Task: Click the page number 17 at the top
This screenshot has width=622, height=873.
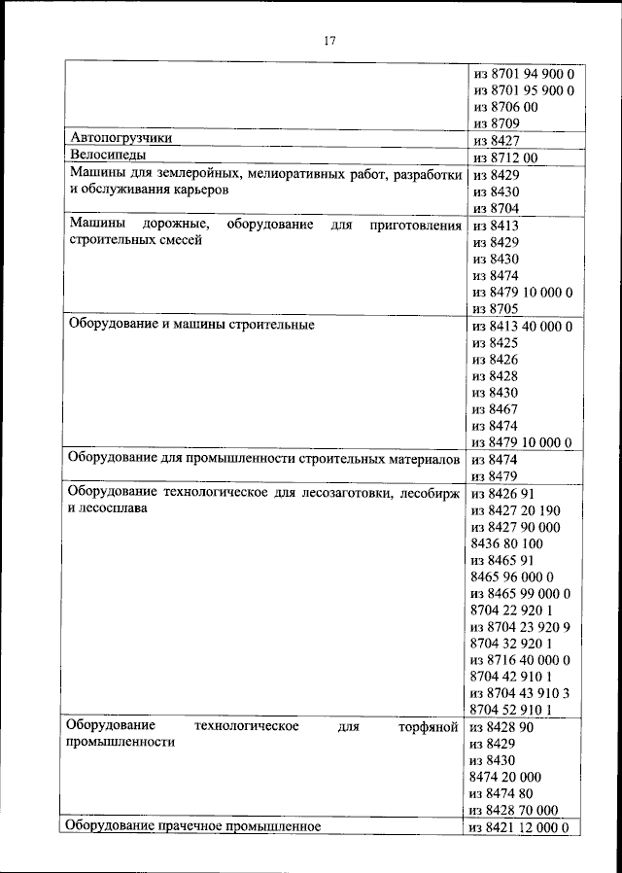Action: click(x=329, y=40)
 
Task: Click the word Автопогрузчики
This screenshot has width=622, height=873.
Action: click(x=121, y=138)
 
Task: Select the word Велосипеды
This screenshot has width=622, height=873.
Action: click(x=107, y=156)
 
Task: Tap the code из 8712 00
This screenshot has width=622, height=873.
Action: click(x=504, y=157)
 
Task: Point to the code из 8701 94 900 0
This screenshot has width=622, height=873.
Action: click(x=523, y=74)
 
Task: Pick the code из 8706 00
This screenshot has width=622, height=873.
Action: click(x=504, y=107)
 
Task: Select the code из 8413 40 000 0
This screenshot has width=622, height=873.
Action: click(x=522, y=327)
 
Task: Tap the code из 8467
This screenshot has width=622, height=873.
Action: click(x=495, y=409)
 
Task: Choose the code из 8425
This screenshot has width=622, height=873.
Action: click(x=495, y=343)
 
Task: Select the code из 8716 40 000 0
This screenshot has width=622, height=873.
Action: click(x=519, y=659)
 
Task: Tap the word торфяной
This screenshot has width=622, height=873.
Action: click(x=429, y=726)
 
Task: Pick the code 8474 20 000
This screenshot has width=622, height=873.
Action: click(x=505, y=777)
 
